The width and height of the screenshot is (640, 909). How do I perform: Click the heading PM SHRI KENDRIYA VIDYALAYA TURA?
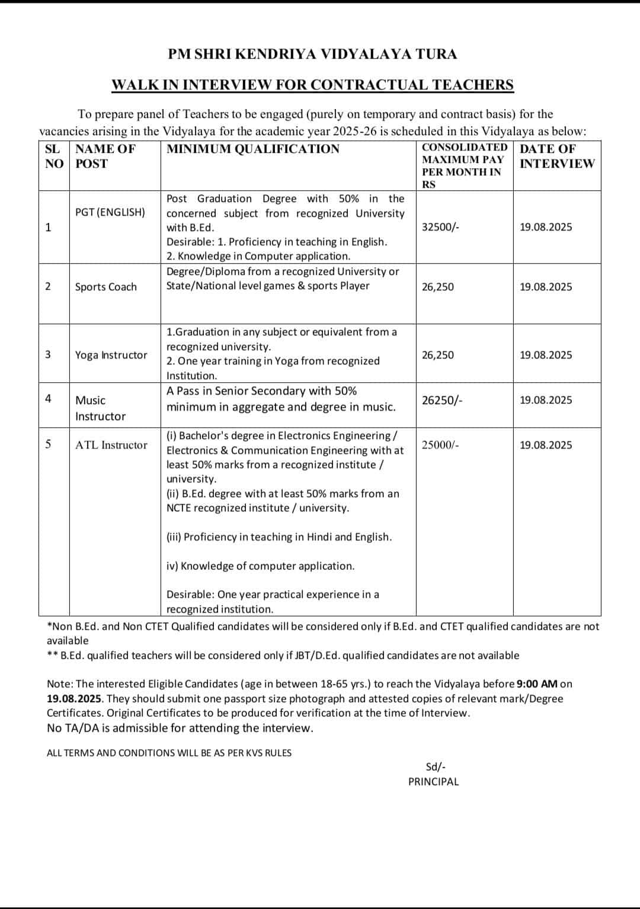[x=312, y=55]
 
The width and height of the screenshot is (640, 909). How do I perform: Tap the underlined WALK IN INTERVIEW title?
[x=312, y=85]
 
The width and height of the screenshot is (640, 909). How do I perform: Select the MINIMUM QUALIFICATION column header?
[x=253, y=149]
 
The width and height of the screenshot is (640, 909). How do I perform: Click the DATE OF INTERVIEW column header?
[x=556, y=156]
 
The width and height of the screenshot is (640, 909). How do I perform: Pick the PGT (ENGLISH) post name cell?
[x=110, y=212]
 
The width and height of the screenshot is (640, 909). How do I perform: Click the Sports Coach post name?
[x=106, y=287]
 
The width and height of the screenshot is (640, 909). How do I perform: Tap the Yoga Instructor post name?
[x=111, y=355]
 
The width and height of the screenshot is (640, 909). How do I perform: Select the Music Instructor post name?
[x=100, y=408]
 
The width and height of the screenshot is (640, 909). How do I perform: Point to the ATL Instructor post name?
[x=111, y=445]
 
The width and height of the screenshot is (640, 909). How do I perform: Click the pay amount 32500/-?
[x=440, y=227]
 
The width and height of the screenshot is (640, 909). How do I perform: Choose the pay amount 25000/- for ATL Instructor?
[x=440, y=445]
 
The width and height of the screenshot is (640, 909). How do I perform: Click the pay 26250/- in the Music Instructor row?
[x=442, y=400]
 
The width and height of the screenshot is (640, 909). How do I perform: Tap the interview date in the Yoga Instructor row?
[x=546, y=355]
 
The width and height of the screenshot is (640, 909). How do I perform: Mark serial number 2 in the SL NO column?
[x=48, y=286]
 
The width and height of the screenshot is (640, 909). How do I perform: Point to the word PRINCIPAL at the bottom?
[x=433, y=782]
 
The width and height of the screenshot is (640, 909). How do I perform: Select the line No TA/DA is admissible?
[x=180, y=728]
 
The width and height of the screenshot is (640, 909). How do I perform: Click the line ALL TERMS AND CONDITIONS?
[x=169, y=753]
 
